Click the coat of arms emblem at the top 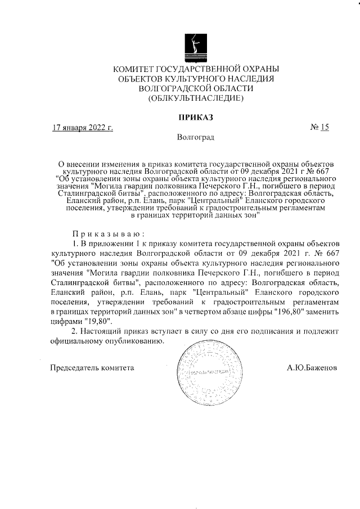pyautogui.click(x=196, y=44)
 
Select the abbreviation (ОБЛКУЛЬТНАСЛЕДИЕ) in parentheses pyautogui.click(x=196, y=98)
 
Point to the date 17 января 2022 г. pyautogui.click(x=82, y=128)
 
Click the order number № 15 pyautogui.click(x=319, y=128)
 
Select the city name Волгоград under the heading pyautogui.click(x=195, y=137)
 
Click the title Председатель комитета pyautogui.click(x=93, y=367)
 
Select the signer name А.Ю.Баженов pyautogui.click(x=312, y=367)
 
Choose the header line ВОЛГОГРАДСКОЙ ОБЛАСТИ pyautogui.click(x=196, y=88)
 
